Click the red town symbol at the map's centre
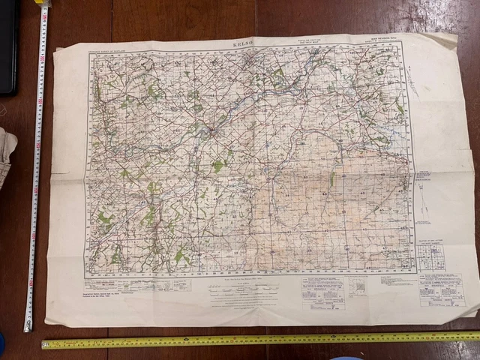click(214, 133)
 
